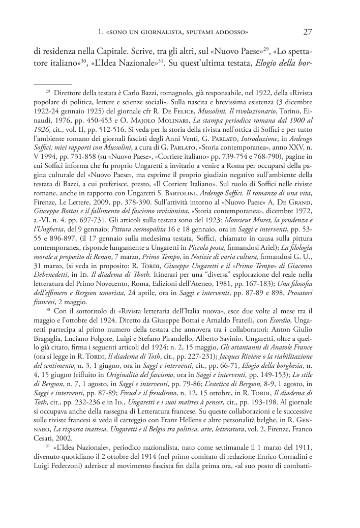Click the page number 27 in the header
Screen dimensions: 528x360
(x=307, y=32)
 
